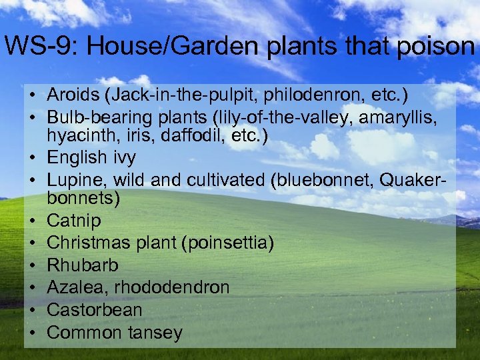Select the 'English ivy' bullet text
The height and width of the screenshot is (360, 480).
91,157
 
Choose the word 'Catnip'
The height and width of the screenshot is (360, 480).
74,221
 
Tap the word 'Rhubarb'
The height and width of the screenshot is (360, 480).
83,265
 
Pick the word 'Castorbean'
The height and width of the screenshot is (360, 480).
95,310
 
